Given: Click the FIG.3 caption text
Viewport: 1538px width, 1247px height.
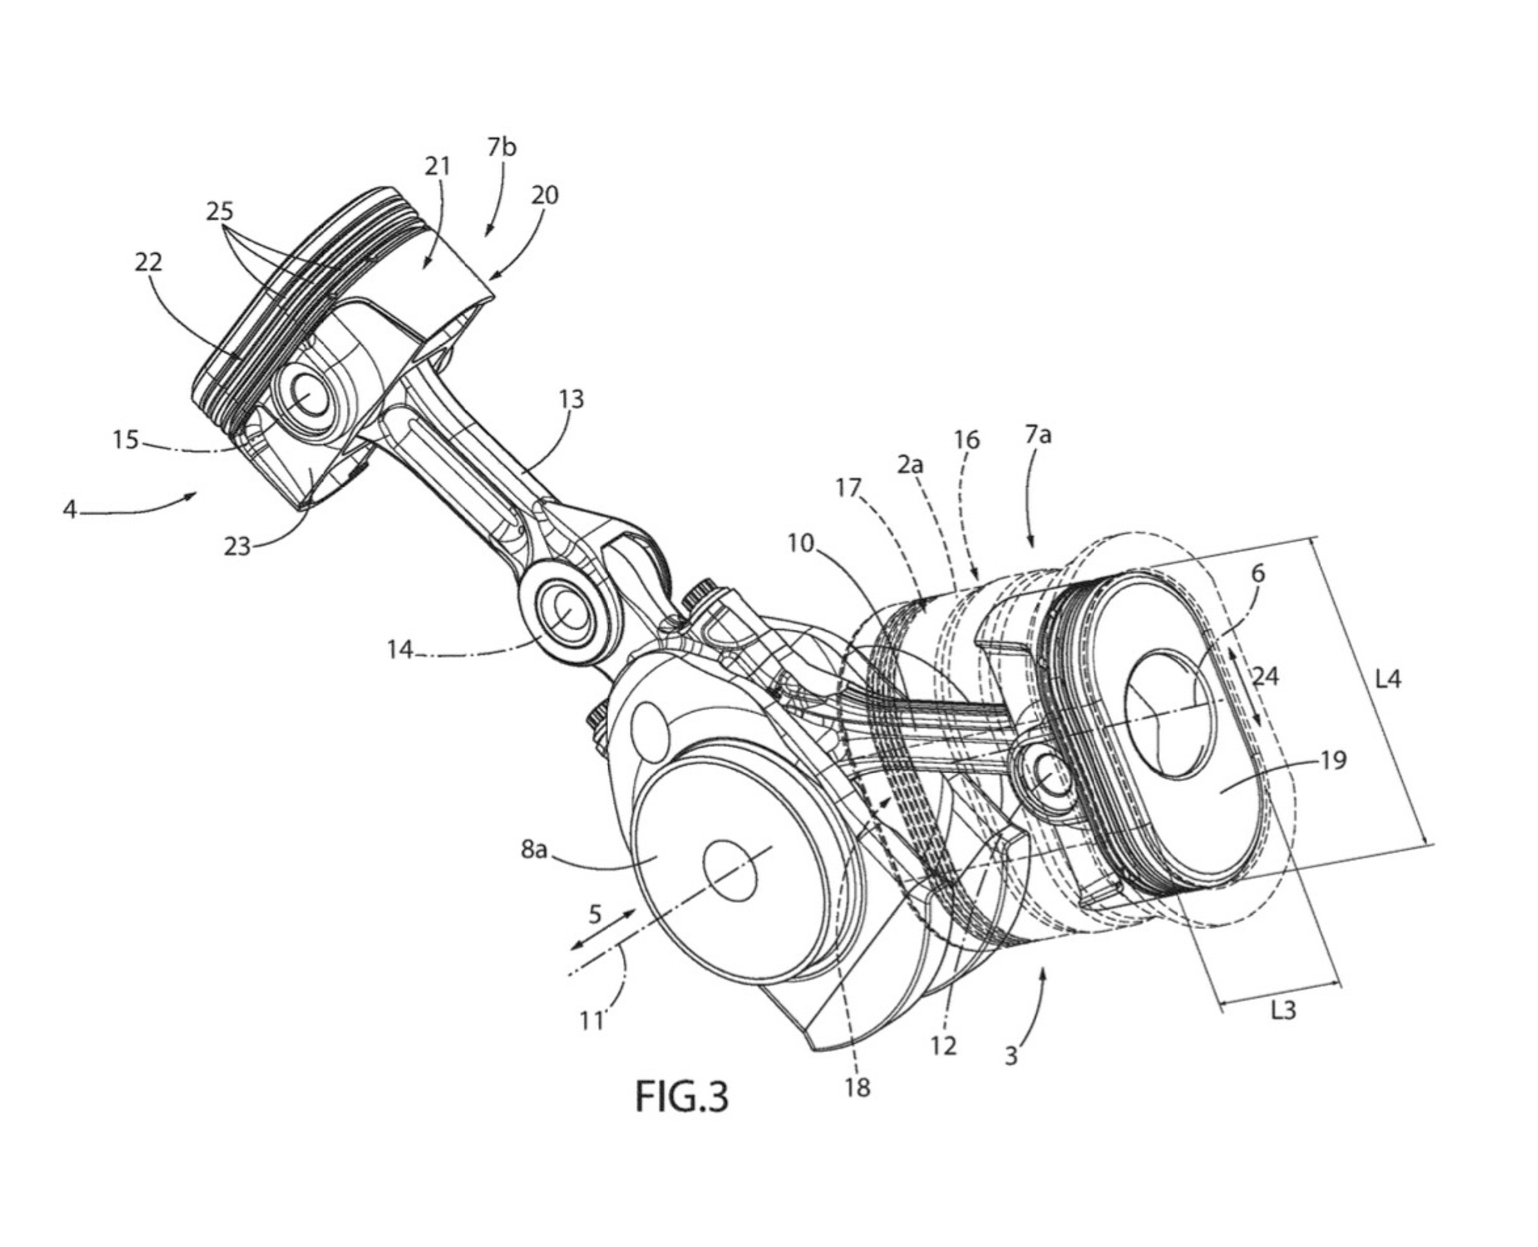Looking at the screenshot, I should click(681, 1096).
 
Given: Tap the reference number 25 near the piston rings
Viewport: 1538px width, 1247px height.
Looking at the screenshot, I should click(220, 211).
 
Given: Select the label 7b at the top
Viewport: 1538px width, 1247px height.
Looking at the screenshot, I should click(501, 147).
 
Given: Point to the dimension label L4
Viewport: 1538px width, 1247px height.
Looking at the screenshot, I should click(1387, 678).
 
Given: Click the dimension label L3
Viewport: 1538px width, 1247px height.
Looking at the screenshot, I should click(1283, 1010).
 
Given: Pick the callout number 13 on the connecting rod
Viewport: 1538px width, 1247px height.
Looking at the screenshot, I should click(572, 399).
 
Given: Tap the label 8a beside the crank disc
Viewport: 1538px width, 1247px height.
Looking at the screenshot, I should click(534, 849).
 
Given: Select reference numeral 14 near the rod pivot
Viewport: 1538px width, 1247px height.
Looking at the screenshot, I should click(400, 649).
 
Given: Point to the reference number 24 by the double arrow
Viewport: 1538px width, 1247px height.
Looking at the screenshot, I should click(1266, 676).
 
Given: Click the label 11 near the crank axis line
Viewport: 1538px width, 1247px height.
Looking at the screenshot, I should click(592, 1020).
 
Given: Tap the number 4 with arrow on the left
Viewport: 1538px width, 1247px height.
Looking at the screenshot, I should click(70, 509).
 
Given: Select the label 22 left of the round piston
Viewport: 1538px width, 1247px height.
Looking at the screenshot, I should click(149, 261).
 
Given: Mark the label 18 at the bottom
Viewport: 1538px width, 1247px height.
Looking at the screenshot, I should click(857, 1087).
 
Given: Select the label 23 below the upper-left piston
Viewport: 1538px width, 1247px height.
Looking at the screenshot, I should click(237, 547).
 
